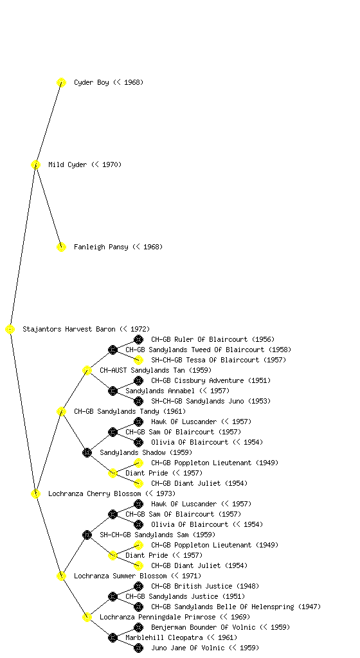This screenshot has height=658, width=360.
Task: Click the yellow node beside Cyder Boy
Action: click(61, 82)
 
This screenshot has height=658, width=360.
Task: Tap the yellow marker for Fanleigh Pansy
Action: click(61, 247)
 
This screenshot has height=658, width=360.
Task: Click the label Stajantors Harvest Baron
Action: click(69, 329)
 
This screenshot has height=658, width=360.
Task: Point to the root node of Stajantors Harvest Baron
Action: click(10, 329)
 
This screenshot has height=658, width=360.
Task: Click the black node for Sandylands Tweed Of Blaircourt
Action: click(113, 350)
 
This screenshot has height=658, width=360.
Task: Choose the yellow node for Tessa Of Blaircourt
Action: click(138, 360)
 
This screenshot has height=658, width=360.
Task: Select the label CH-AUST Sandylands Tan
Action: click(142, 370)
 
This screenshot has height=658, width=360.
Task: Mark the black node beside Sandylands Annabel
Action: click(113, 391)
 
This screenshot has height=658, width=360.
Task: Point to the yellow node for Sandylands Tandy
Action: click(61, 411)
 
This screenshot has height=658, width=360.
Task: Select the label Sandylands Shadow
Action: click(132, 452)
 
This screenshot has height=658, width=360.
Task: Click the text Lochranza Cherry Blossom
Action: click(94, 493)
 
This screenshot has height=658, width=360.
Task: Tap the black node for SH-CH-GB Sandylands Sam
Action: click(87, 535)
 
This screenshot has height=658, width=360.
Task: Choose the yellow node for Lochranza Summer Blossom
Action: click(61, 576)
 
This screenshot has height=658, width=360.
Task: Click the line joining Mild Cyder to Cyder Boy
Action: click(48, 123)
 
